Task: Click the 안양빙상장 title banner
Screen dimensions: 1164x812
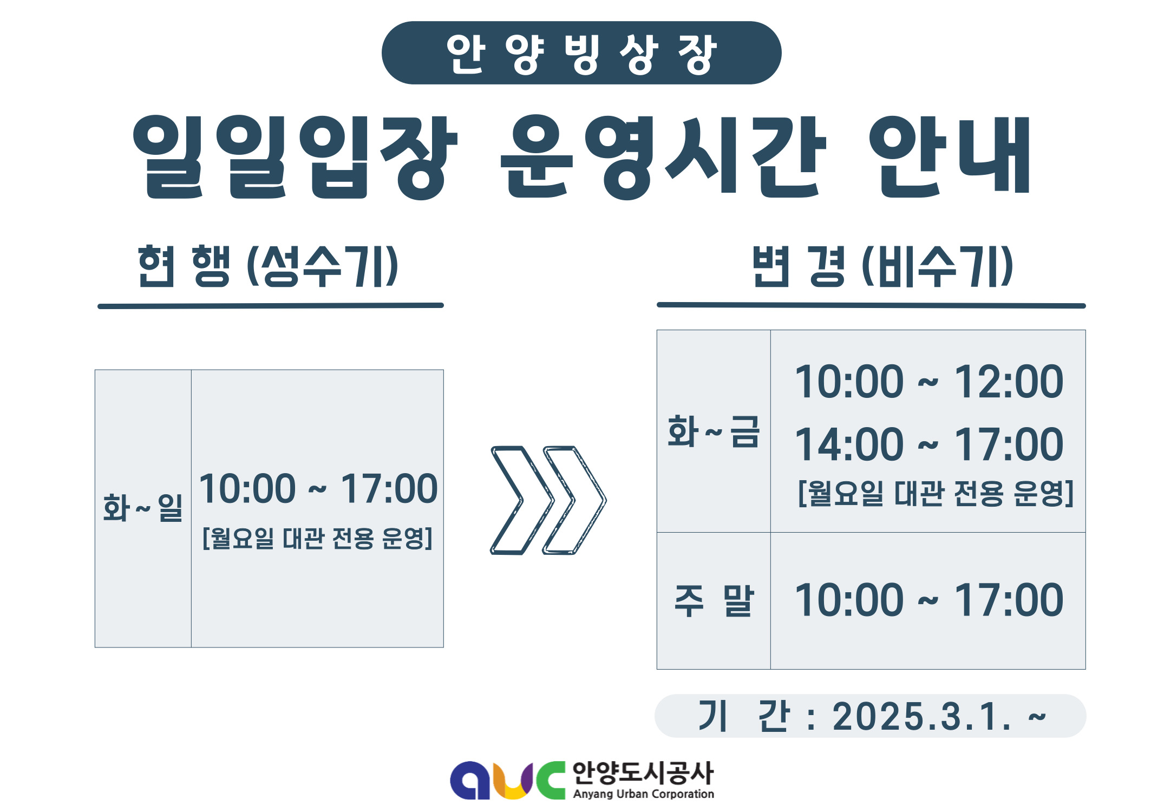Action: tap(581, 53)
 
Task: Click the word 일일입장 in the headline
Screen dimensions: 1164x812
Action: tap(296, 157)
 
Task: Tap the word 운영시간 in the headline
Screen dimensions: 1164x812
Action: tap(663, 157)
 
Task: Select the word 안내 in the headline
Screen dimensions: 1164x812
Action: tap(950, 157)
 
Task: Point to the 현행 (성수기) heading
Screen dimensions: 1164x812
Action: tap(269, 266)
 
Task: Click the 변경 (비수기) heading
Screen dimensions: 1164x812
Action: tap(883, 266)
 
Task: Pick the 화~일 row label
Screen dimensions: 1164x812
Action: tap(143, 508)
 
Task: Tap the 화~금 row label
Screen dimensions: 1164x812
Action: tap(714, 431)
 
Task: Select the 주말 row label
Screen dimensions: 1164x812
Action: tap(714, 600)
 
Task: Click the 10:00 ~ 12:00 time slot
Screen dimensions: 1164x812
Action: tap(928, 382)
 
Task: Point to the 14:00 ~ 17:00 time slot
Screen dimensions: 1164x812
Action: tap(928, 444)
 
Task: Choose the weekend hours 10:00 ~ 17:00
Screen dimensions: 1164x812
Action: tap(928, 600)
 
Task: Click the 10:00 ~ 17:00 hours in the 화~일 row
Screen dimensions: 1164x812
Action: tap(318, 488)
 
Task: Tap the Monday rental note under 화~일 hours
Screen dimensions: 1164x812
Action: tap(317, 539)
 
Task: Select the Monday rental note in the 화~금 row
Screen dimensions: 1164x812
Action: tap(936, 493)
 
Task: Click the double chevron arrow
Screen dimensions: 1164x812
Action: tap(548, 500)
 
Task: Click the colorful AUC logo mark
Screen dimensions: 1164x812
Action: tap(508, 780)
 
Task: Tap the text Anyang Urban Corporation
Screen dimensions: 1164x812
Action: tap(644, 794)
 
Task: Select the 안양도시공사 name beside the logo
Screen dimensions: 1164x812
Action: tap(643, 773)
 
